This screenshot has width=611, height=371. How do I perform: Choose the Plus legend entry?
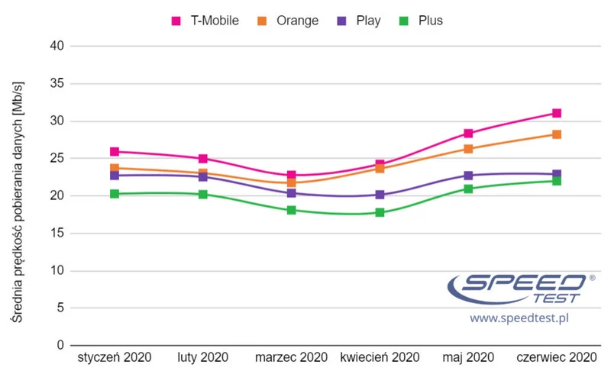[422, 21]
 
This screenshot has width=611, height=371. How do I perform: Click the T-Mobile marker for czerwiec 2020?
[557, 113]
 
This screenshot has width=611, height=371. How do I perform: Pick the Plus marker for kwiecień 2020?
[380, 212]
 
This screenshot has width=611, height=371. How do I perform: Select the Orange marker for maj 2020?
[468, 149]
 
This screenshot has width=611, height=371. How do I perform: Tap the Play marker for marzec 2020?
[291, 193]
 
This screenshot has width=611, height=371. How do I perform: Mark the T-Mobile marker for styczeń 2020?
[115, 152]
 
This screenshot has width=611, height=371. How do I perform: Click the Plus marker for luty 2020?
[203, 194]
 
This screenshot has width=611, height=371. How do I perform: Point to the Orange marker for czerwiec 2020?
[557, 134]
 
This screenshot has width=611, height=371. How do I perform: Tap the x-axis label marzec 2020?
[291, 357]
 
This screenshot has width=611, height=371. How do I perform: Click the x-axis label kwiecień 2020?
[380, 357]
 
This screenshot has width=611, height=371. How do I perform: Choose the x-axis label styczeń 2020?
[115, 357]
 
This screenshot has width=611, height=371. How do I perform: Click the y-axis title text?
[17, 195]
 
